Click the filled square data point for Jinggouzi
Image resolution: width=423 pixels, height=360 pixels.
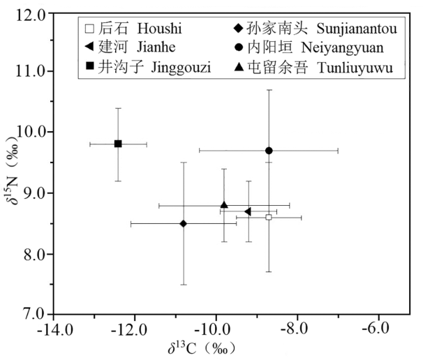[x=118, y=144]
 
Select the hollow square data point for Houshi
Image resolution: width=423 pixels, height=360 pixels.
[x=269, y=217]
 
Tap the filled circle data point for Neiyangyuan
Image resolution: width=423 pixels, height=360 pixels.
[x=269, y=151]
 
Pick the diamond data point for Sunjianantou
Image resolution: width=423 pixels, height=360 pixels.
[x=184, y=223]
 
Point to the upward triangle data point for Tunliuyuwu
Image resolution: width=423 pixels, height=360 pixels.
[x=224, y=204]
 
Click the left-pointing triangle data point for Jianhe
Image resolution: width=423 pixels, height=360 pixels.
[x=248, y=211]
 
